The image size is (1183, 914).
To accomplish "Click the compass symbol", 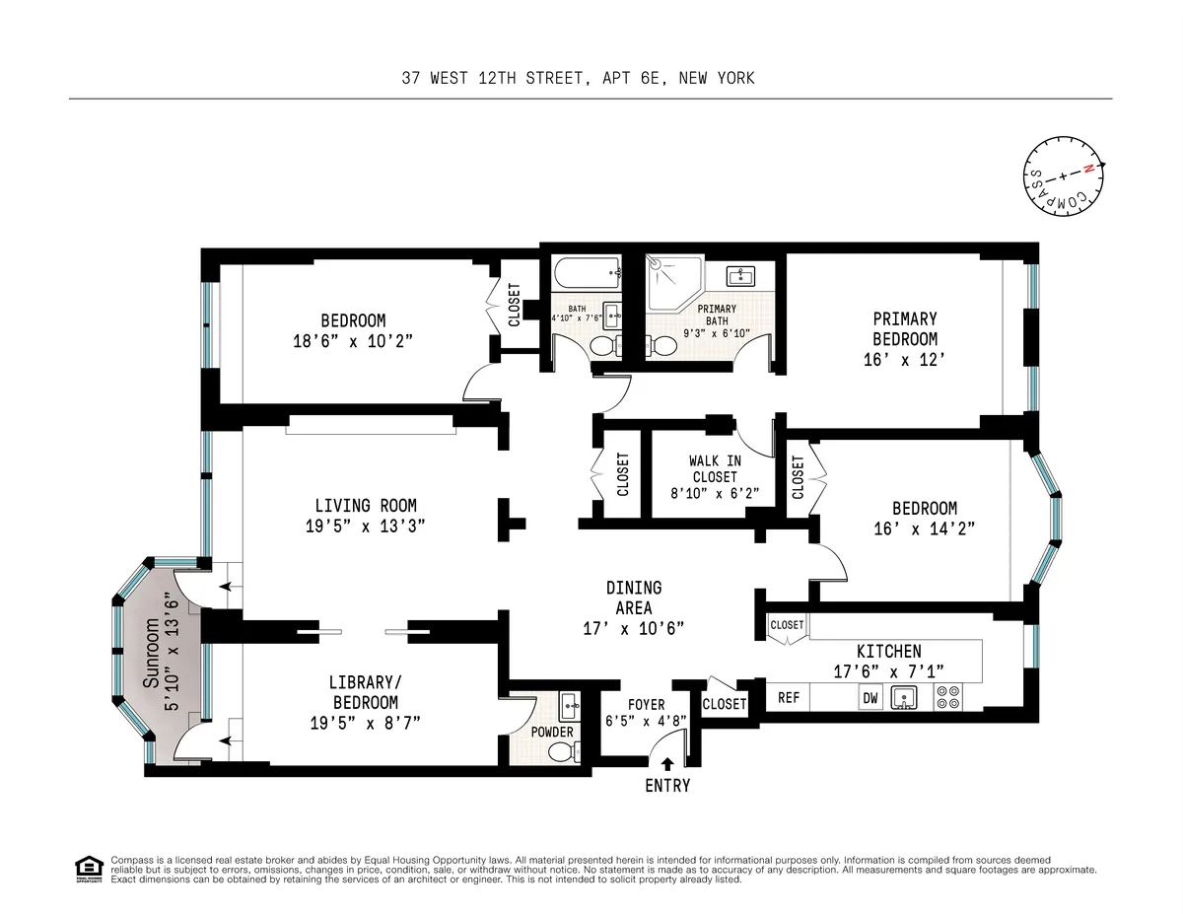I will pos(1062,178).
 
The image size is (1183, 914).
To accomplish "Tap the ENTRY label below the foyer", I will pos(667,786).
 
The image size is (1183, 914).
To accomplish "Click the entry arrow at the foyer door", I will pos(667,763).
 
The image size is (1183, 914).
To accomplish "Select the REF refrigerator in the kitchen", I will pos(789,697).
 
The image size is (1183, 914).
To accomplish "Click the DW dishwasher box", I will pos(870,698).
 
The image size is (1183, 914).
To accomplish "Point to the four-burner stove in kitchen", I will pos(947,697).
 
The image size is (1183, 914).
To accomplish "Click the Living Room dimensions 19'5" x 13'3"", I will pos(366,527).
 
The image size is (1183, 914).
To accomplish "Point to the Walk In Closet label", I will pos(715,468).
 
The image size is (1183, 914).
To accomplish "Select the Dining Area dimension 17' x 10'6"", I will pos(634,628).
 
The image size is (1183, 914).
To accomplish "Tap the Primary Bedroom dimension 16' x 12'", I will pos(904,360).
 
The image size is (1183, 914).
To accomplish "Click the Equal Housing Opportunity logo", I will pos(89,869).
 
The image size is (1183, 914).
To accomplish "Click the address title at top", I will pos(578,77).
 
